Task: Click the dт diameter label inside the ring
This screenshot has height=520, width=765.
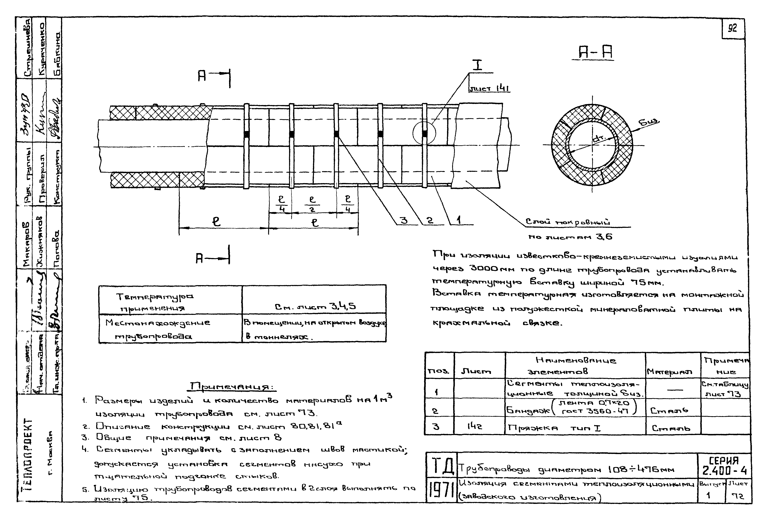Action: [597, 140]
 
